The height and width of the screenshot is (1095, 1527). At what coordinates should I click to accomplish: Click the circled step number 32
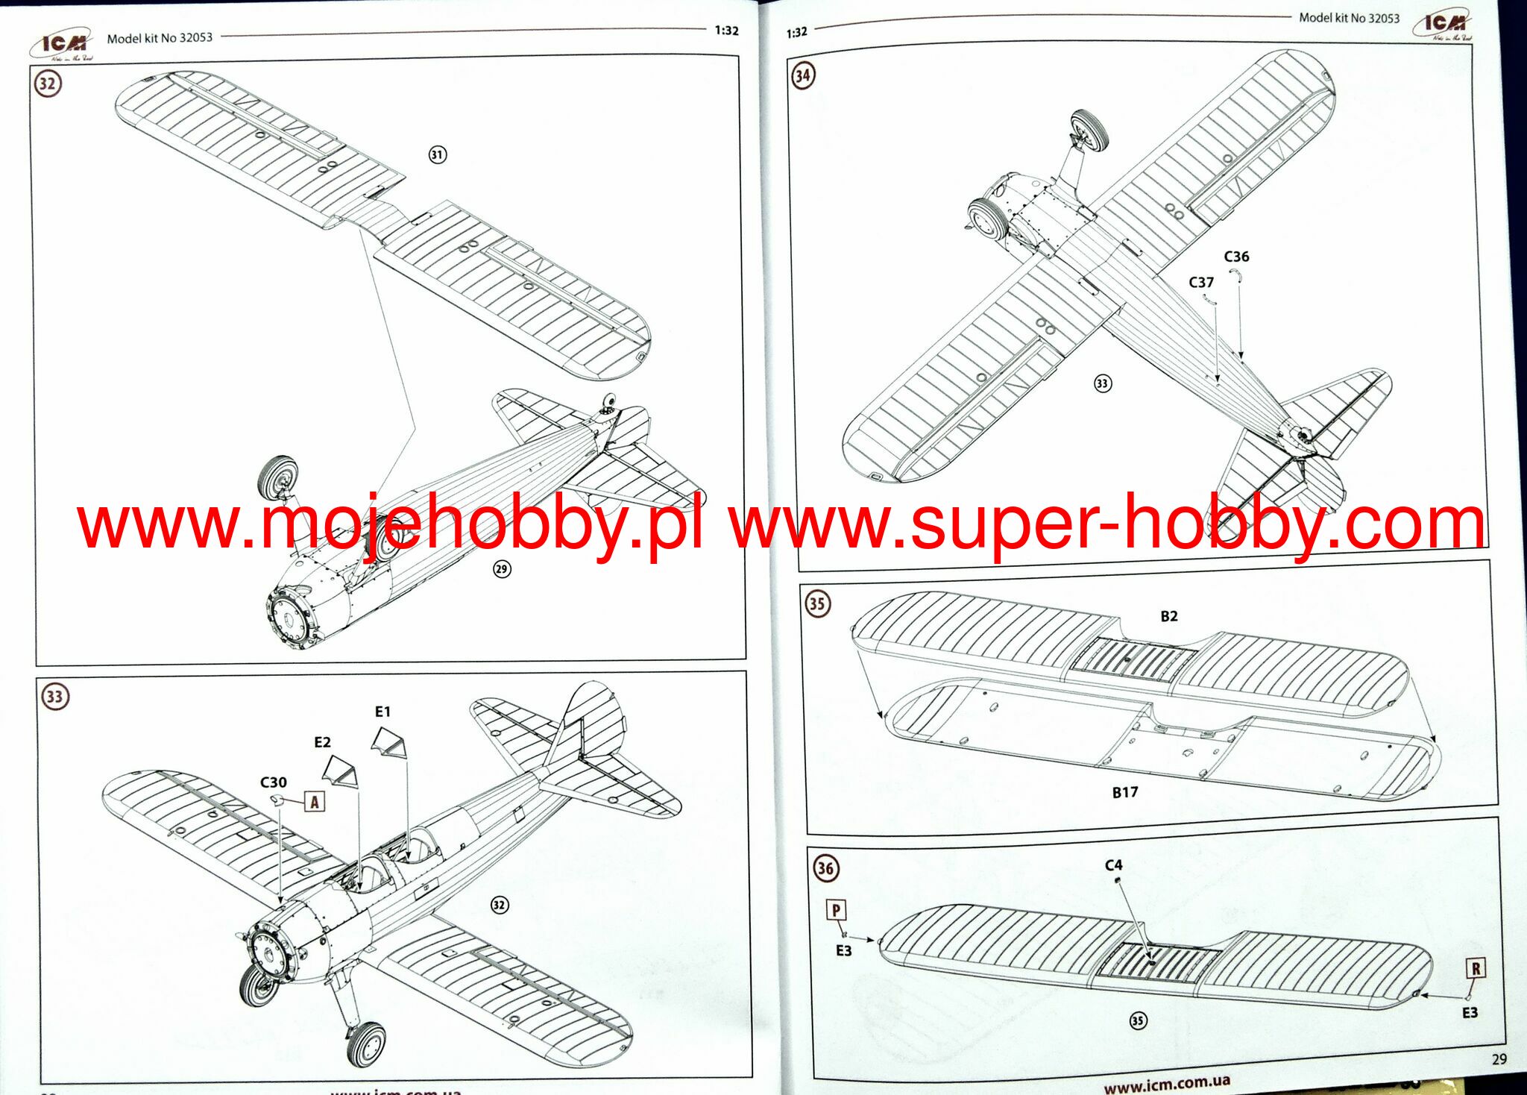tap(48, 83)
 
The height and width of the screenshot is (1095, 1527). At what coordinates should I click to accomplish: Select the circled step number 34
tap(803, 75)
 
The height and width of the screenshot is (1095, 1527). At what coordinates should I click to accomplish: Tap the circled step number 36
tap(825, 867)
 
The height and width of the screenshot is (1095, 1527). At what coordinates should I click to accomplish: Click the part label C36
tap(1236, 257)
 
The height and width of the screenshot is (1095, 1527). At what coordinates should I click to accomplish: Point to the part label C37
tap(1201, 283)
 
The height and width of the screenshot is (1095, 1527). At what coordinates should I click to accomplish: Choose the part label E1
tap(382, 712)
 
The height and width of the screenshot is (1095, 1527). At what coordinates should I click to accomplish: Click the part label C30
tap(273, 782)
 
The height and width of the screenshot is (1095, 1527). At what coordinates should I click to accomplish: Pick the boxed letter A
tap(315, 802)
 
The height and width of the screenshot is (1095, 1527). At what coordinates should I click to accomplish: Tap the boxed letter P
tap(836, 910)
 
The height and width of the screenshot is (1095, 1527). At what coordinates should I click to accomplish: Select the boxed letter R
tap(1476, 968)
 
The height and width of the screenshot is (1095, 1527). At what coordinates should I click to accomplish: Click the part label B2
tap(1169, 616)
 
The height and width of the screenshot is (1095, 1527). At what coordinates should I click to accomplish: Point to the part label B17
tap(1125, 792)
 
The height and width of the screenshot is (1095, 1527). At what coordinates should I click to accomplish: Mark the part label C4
tap(1113, 865)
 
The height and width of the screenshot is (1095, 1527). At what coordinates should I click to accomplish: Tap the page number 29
tap(1499, 1058)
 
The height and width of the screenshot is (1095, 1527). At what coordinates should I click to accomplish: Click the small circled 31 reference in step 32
tap(437, 154)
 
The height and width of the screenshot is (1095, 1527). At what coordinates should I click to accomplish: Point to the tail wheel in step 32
tap(609, 403)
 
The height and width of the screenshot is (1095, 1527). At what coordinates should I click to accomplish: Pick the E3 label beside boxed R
tap(1470, 1013)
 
